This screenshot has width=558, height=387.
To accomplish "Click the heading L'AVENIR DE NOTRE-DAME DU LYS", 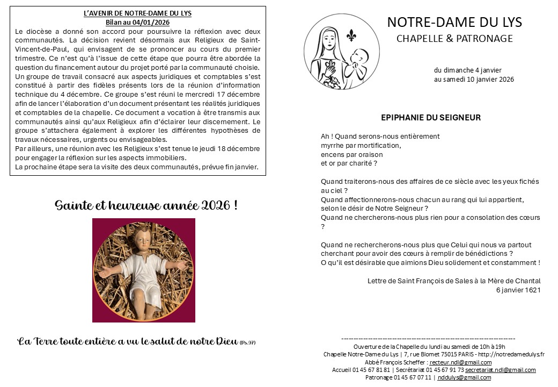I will pyautogui.click(x=138, y=13).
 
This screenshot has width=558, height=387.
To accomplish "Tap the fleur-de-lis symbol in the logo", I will pyautogui.click(x=351, y=35).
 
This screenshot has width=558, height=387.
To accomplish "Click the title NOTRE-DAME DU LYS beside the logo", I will pyautogui.click(x=454, y=22).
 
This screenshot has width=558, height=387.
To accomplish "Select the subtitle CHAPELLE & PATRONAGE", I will pyautogui.click(x=454, y=39).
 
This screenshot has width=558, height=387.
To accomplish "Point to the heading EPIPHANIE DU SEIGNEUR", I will pyautogui.click(x=430, y=118).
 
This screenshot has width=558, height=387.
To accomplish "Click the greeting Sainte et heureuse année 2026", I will pyautogui.click(x=146, y=205).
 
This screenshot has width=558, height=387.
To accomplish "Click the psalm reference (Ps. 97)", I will pyautogui.click(x=248, y=342).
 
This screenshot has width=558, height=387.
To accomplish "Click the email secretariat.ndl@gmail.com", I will pyautogui.click(x=500, y=370).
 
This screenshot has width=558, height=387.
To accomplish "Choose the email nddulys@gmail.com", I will pyautogui.click(x=464, y=377).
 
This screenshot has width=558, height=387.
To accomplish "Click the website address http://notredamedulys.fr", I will pyautogui.click(x=510, y=354).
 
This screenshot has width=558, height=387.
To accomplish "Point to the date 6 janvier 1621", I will pyautogui.click(x=518, y=290).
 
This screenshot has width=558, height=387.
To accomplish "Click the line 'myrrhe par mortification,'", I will pyautogui.click(x=361, y=145).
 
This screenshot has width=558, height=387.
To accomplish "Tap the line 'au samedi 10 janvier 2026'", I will pyautogui.click(x=474, y=79).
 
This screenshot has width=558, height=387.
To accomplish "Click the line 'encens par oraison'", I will pyautogui.click(x=352, y=154).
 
